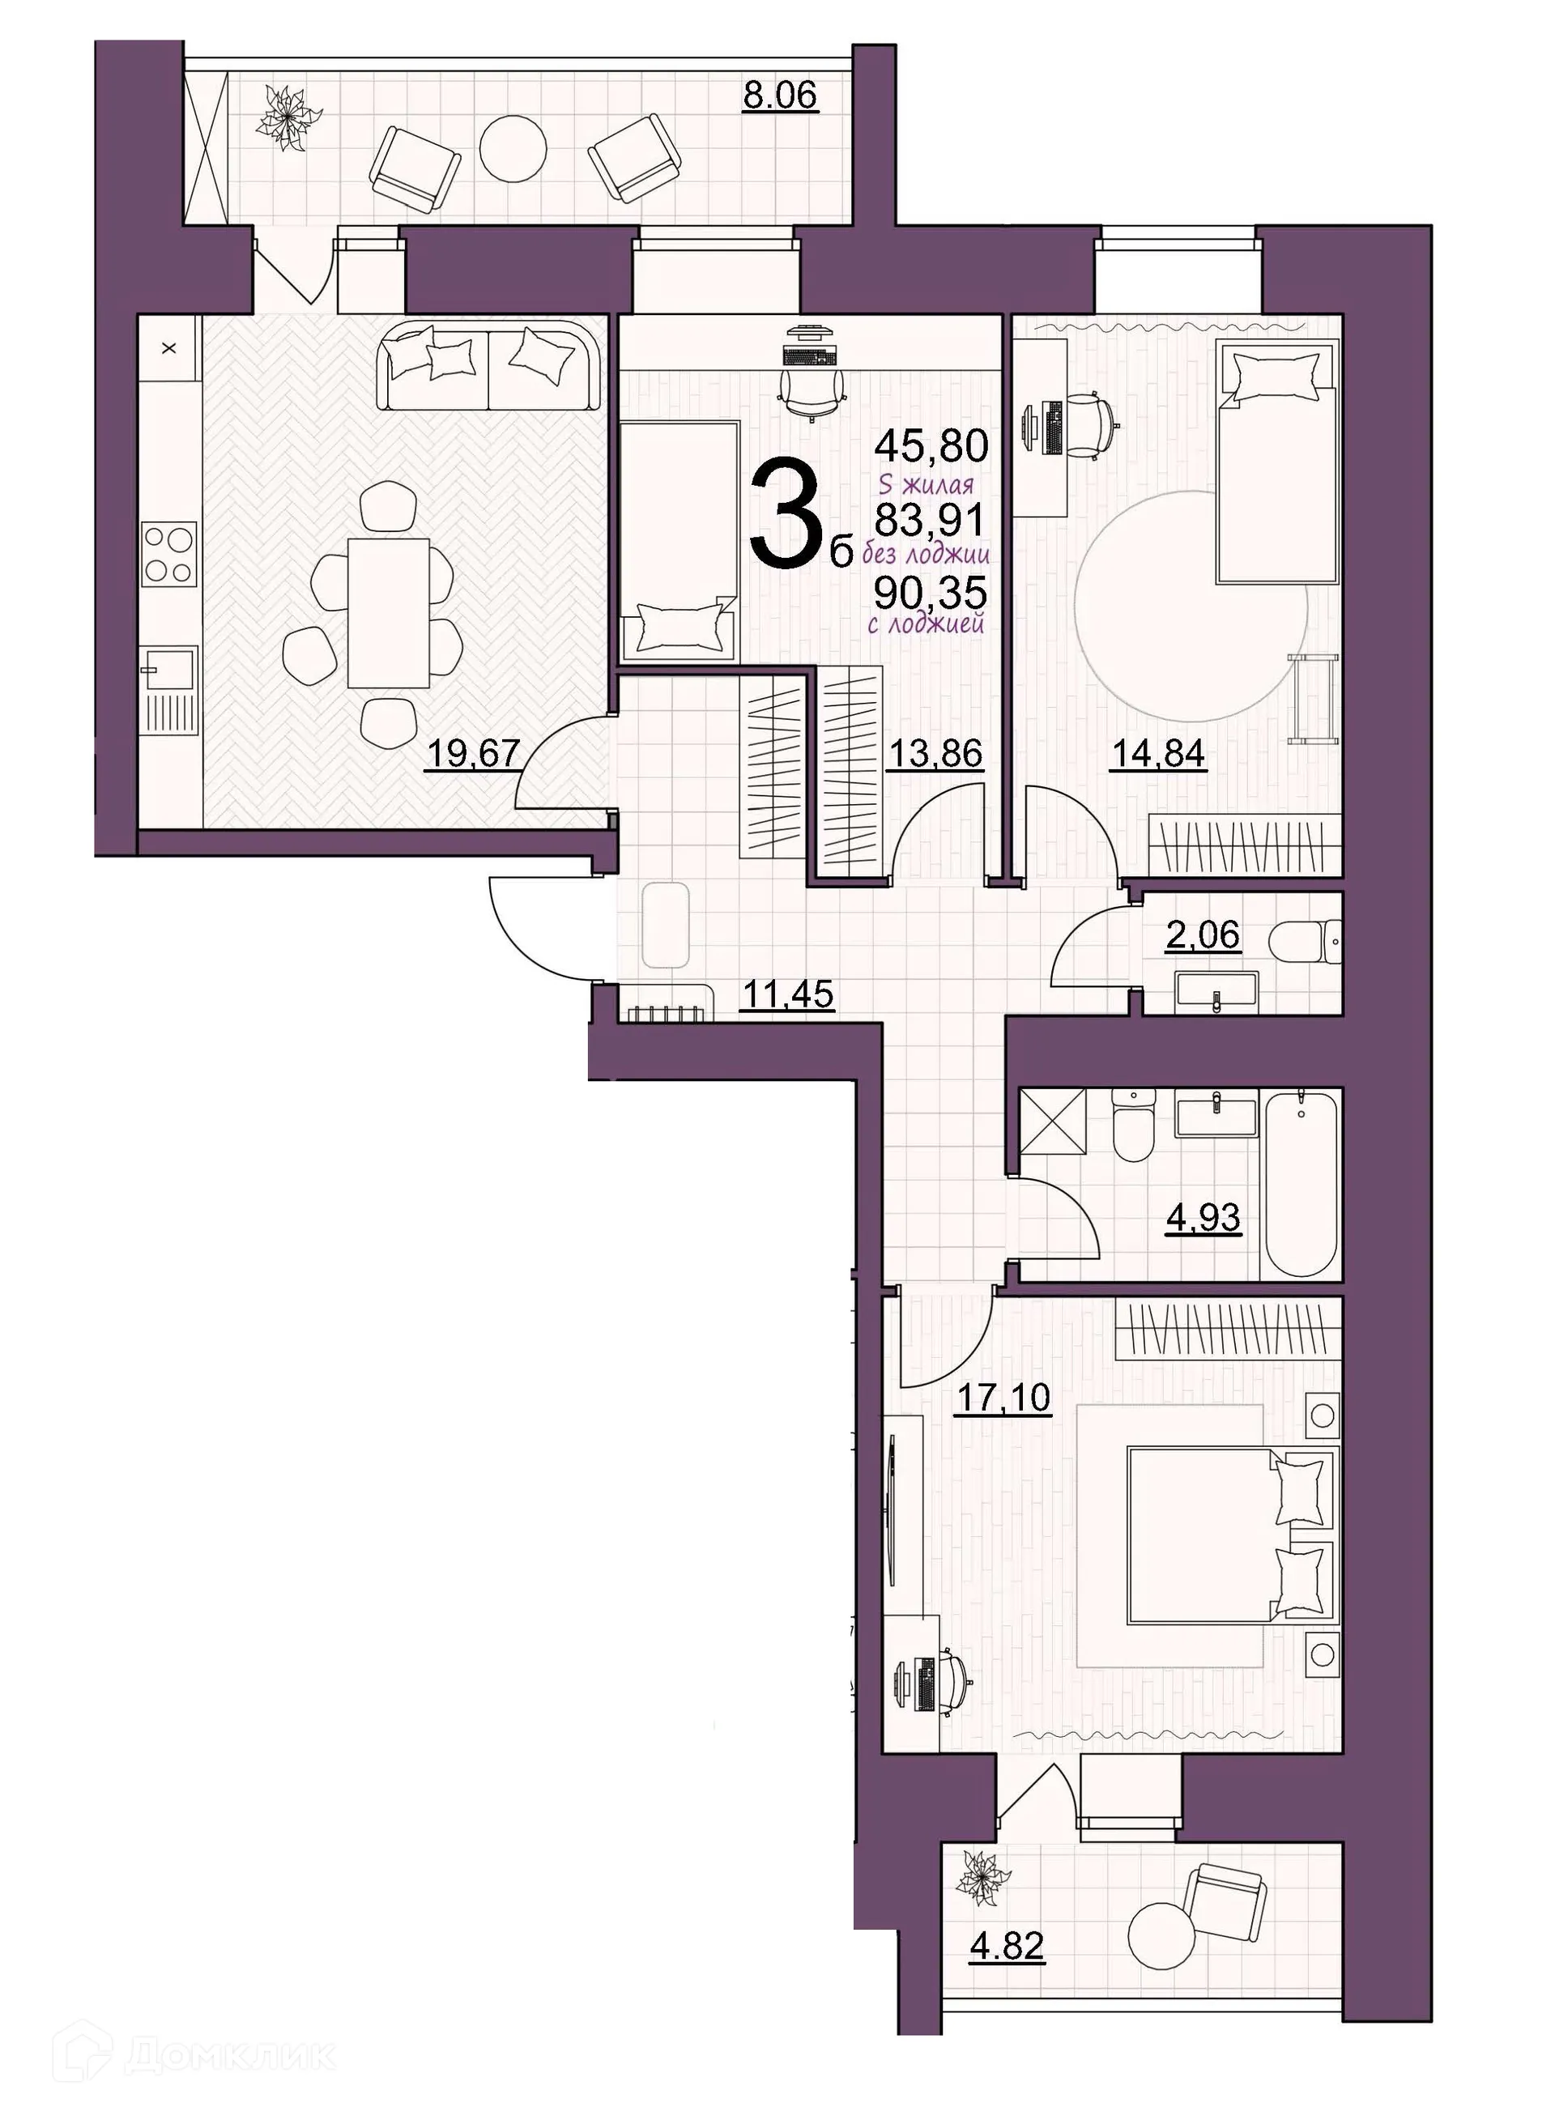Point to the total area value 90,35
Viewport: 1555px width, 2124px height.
[x=930, y=593]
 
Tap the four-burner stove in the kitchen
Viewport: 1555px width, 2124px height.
[x=170, y=555]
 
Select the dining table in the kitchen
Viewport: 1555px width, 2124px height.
[x=389, y=613]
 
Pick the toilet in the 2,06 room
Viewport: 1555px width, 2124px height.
[x=1304, y=940]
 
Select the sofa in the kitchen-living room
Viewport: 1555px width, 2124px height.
[x=488, y=368]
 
